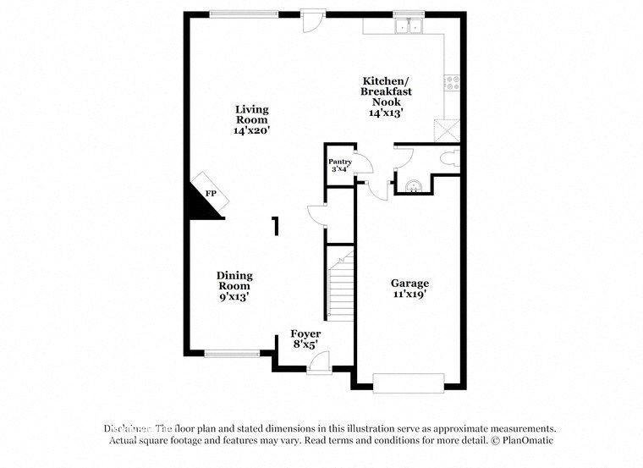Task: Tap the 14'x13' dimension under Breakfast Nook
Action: (385, 113)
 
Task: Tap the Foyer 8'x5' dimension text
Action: (305, 345)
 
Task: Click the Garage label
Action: (409, 284)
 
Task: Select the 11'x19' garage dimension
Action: (409, 295)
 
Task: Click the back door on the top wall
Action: (312, 19)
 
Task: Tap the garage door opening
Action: (408, 383)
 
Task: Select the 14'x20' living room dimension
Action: (251, 131)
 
